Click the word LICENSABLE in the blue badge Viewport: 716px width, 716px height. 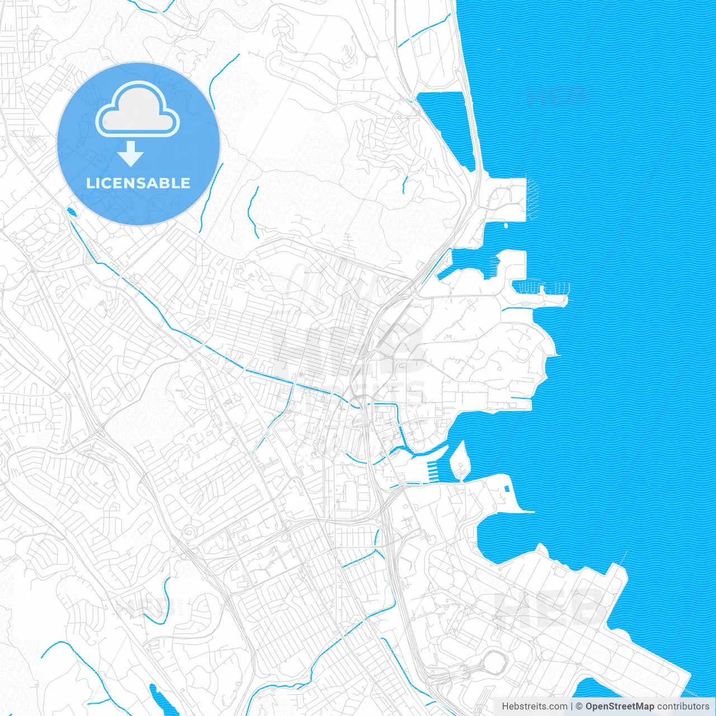tap(138, 183)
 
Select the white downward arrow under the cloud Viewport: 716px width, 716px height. tap(131, 154)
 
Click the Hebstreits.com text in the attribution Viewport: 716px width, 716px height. tap(534, 706)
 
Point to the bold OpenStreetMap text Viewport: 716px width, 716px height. tap(619, 706)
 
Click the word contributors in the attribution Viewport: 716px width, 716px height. tap(682, 706)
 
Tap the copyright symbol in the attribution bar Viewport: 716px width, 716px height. tap(580, 706)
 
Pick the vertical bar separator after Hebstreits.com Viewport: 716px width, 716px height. tap(572, 706)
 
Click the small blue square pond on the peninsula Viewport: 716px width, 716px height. tap(506, 488)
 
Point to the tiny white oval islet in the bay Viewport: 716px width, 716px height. tap(506, 225)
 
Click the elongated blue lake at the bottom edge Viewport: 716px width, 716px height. tap(157, 699)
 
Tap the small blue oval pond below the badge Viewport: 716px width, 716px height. tap(71, 211)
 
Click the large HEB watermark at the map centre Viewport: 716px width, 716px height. tap(347, 347)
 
